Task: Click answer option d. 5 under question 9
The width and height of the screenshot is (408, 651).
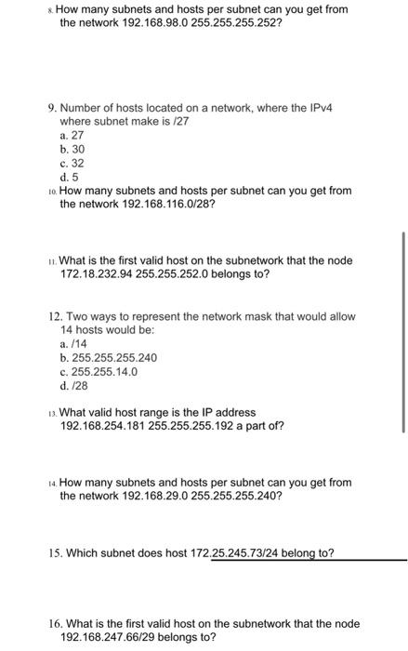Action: [68, 176]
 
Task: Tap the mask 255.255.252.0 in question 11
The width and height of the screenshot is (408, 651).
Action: [182, 276]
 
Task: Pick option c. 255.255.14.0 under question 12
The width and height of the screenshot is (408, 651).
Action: [98, 371]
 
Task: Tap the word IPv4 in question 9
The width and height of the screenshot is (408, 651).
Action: [319, 108]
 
